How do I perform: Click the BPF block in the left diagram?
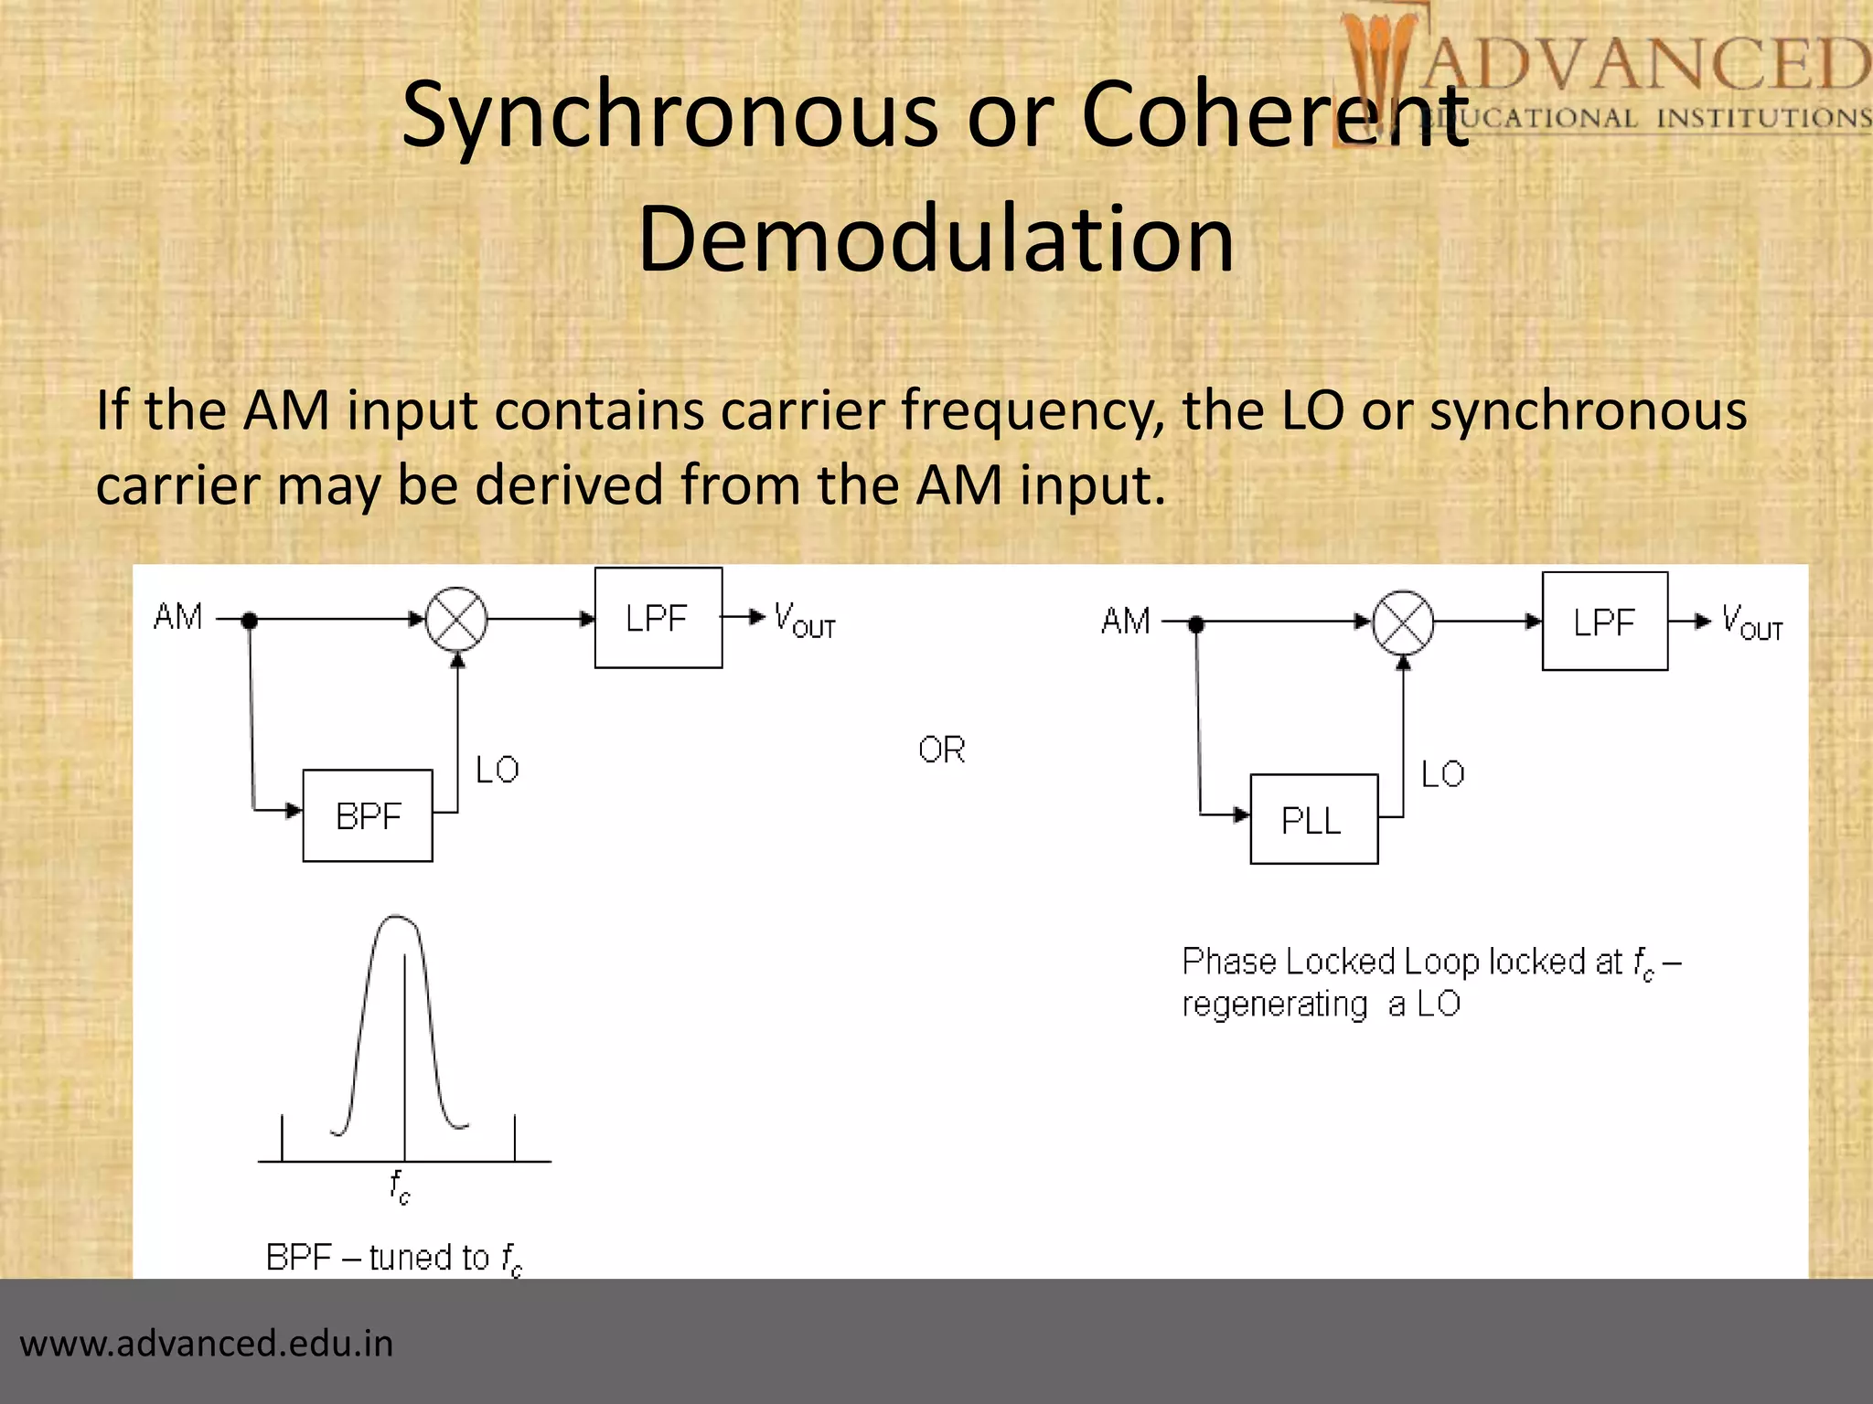click(368, 815)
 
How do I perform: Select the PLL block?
click(1313, 820)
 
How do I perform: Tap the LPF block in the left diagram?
click(658, 619)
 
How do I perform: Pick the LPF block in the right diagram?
click(1604, 622)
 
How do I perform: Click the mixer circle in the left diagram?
click(457, 619)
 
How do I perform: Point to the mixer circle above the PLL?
click(1403, 622)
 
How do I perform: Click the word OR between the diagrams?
click(942, 750)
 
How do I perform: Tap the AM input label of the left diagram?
click(178, 617)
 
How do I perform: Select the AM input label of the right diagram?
click(1126, 622)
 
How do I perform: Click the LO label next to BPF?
click(498, 770)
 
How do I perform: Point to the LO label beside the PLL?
click(1443, 775)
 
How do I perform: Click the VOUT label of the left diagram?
click(804, 620)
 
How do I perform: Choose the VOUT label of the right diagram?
click(1751, 622)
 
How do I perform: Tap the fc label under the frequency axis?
click(400, 1186)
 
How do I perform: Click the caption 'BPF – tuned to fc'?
click(394, 1259)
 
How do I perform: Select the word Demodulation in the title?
click(936, 239)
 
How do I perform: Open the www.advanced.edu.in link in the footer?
click(207, 1344)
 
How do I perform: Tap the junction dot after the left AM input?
click(250, 621)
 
